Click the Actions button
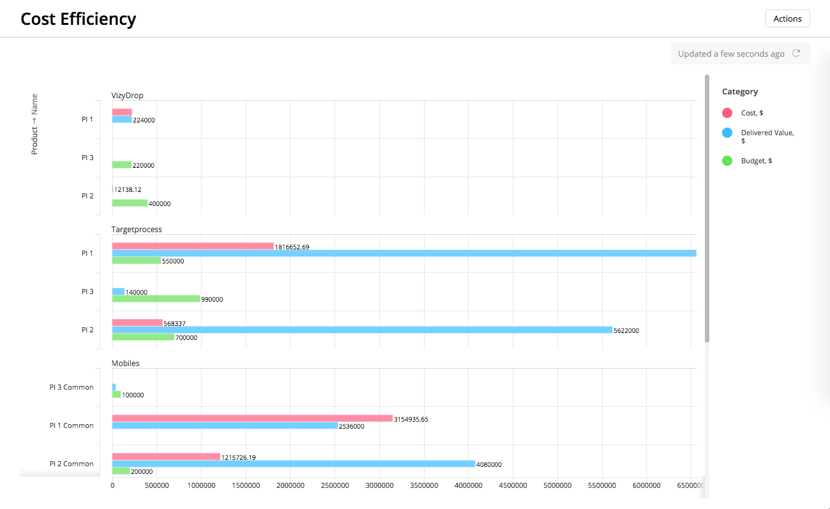(x=787, y=18)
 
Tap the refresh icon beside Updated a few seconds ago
(x=796, y=54)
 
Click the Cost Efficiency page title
(x=78, y=19)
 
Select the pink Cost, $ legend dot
(x=727, y=113)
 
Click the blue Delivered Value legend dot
(x=727, y=133)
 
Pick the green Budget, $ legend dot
(x=727, y=161)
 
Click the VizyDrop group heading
(x=127, y=96)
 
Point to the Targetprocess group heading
(x=137, y=230)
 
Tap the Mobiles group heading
(x=125, y=364)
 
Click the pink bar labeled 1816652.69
(x=193, y=246)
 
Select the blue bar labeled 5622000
(x=362, y=330)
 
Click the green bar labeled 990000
(x=156, y=299)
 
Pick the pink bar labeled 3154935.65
(x=252, y=418)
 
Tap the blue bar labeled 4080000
(x=294, y=464)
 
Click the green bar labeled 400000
(x=130, y=203)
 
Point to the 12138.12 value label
(x=128, y=189)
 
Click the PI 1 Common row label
(x=72, y=425)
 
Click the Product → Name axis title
(x=34, y=124)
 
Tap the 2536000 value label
(x=351, y=426)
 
